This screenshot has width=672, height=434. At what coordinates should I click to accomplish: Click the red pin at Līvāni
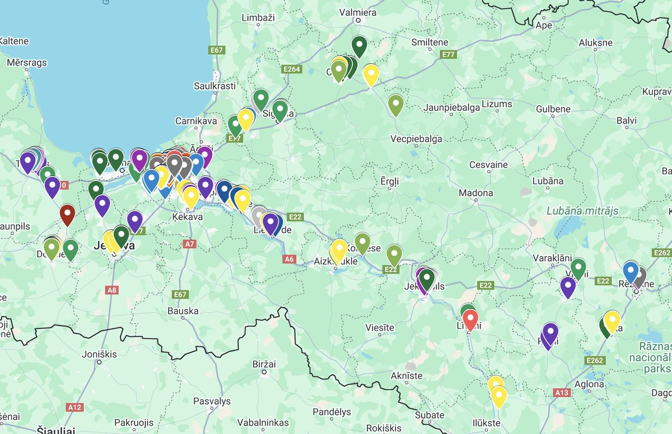tap(470, 319)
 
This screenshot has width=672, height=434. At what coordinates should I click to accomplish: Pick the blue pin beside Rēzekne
tap(631, 271)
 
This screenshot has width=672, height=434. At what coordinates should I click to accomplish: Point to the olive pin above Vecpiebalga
tap(395, 104)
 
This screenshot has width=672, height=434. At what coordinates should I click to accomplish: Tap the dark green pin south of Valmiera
tap(359, 45)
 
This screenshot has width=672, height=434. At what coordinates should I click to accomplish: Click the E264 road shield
tap(292, 68)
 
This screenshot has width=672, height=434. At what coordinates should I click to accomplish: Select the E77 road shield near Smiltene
tap(448, 54)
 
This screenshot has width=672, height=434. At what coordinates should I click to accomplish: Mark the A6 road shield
tap(288, 259)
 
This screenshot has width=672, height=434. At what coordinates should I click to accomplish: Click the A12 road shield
tap(74, 407)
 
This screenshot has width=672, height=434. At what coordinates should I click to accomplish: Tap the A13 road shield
tap(562, 393)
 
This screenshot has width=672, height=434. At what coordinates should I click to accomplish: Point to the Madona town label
tap(476, 193)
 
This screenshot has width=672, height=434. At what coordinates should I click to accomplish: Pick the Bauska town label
tap(184, 311)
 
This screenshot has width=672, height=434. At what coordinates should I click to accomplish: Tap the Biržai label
tap(264, 364)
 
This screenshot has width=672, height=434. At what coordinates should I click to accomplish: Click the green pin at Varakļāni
tap(578, 267)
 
